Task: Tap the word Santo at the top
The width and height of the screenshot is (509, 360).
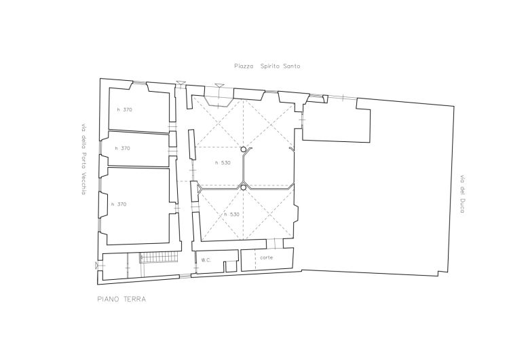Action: [292, 67]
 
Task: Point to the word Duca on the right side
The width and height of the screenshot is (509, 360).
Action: [462, 206]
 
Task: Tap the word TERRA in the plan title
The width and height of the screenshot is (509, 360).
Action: [135, 300]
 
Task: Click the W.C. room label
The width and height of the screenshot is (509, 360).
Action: [206, 260]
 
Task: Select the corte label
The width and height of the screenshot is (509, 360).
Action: [266, 257]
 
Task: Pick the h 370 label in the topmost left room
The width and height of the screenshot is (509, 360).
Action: [125, 109]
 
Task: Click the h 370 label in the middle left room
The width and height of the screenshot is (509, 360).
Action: [122, 148]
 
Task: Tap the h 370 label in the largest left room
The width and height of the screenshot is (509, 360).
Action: [119, 204]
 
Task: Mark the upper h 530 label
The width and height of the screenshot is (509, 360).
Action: [223, 163]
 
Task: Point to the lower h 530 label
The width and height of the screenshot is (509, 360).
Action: [232, 215]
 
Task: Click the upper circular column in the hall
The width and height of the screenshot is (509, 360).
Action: [244, 149]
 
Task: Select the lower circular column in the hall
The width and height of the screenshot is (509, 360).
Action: [244, 187]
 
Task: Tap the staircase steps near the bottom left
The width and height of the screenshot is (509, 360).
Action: [159, 257]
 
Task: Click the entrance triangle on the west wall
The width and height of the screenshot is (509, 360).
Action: [96, 266]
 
